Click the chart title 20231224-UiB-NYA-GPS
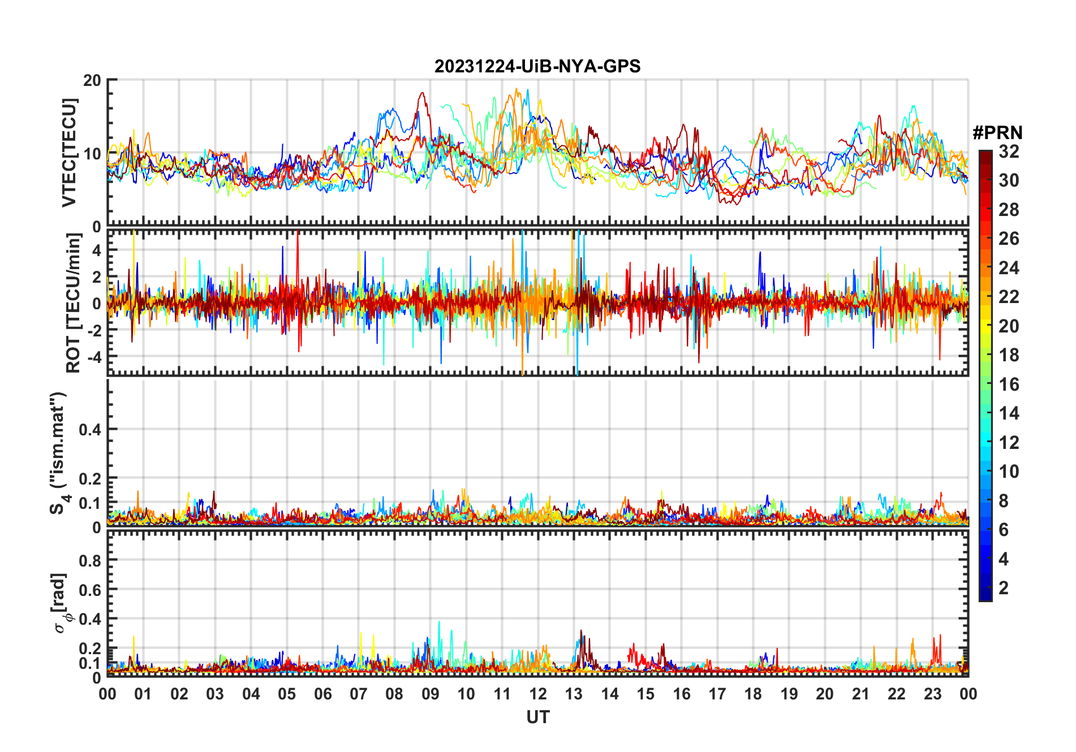point(537,67)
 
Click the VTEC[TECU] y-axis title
point(69,153)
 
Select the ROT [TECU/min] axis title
point(74,303)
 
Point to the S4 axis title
point(58,452)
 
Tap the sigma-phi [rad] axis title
point(61,603)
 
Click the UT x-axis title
point(537,718)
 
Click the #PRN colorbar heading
point(997,133)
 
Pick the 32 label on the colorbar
point(1009,152)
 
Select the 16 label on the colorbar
point(1009,384)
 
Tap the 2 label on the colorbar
point(1004,588)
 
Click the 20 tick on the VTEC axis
point(92,80)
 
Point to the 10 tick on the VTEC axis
point(92,153)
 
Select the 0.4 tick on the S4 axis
point(90,430)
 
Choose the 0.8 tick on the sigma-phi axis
point(90,560)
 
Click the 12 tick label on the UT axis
point(538,694)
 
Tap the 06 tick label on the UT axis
point(323,694)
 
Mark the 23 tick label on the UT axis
point(932,694)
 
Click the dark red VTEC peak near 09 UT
point(421,93)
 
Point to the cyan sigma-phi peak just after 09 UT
point(439,622)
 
